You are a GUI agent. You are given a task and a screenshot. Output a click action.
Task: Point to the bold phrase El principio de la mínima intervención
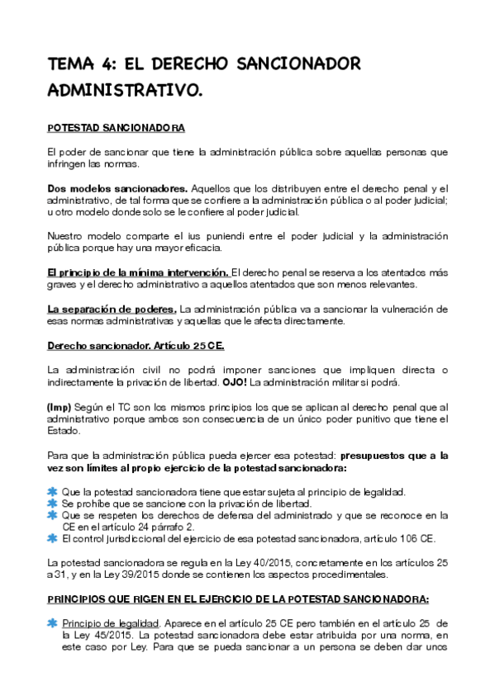(x=138, y=272)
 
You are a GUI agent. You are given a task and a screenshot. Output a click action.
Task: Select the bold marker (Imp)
(x=60, y=407)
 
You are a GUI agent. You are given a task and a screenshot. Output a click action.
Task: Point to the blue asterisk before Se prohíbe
(x=53, y=504)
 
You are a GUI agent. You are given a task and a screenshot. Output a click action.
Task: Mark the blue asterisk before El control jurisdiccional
(x=53, y=540)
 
